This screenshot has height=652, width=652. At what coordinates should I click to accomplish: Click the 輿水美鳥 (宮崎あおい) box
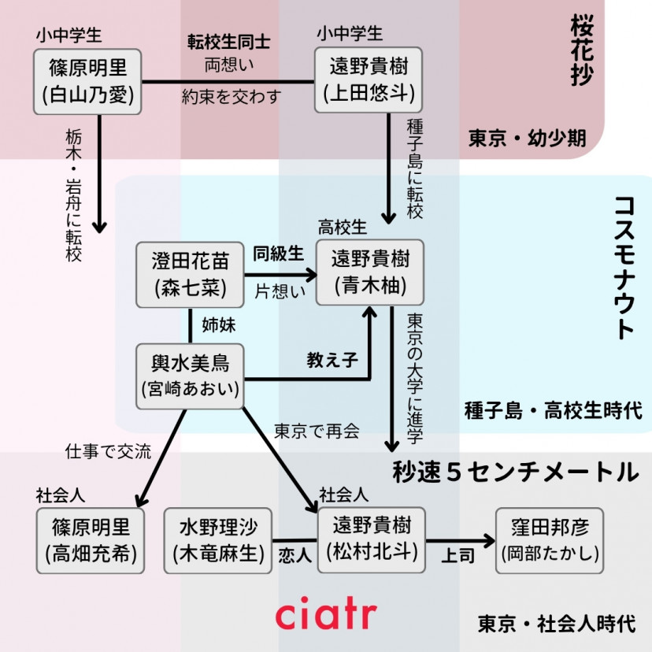190,376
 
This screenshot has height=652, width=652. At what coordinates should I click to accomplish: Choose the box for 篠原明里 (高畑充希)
90,540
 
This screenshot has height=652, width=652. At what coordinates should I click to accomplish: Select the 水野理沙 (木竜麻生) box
218,540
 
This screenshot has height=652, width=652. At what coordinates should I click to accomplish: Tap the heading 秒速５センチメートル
514,472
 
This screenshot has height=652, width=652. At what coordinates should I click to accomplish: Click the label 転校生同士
229,41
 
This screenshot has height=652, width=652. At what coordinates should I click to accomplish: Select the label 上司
458,555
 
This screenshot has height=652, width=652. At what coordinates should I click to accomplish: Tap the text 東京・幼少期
527,139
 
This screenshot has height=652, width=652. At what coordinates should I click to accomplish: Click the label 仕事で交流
109,452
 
